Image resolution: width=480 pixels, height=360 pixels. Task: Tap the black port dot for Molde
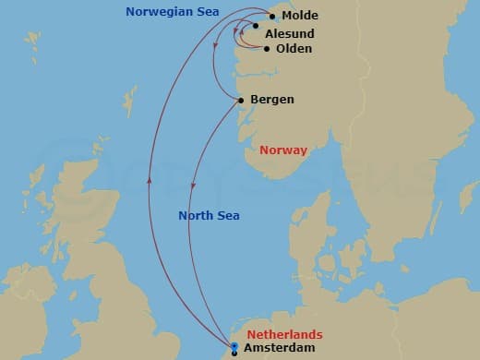(x=272, y=17)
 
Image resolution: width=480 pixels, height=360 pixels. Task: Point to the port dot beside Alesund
(x=256, y=27)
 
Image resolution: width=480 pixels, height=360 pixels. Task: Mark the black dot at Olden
(x=267, y=49)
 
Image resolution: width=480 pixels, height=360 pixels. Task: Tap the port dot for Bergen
(x=241, y=100)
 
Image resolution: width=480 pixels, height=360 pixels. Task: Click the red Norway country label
(x=283, y=150)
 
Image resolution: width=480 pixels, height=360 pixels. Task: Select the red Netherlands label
(x=285, y=334)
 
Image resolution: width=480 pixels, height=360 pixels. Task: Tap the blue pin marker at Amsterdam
(x=235, y=347)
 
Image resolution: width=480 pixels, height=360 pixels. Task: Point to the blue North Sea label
(x=209, y=216)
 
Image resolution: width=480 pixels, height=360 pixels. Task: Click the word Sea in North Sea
(x=228, y=216)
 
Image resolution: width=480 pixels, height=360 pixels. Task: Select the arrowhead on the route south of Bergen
(x=193, y=187)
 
